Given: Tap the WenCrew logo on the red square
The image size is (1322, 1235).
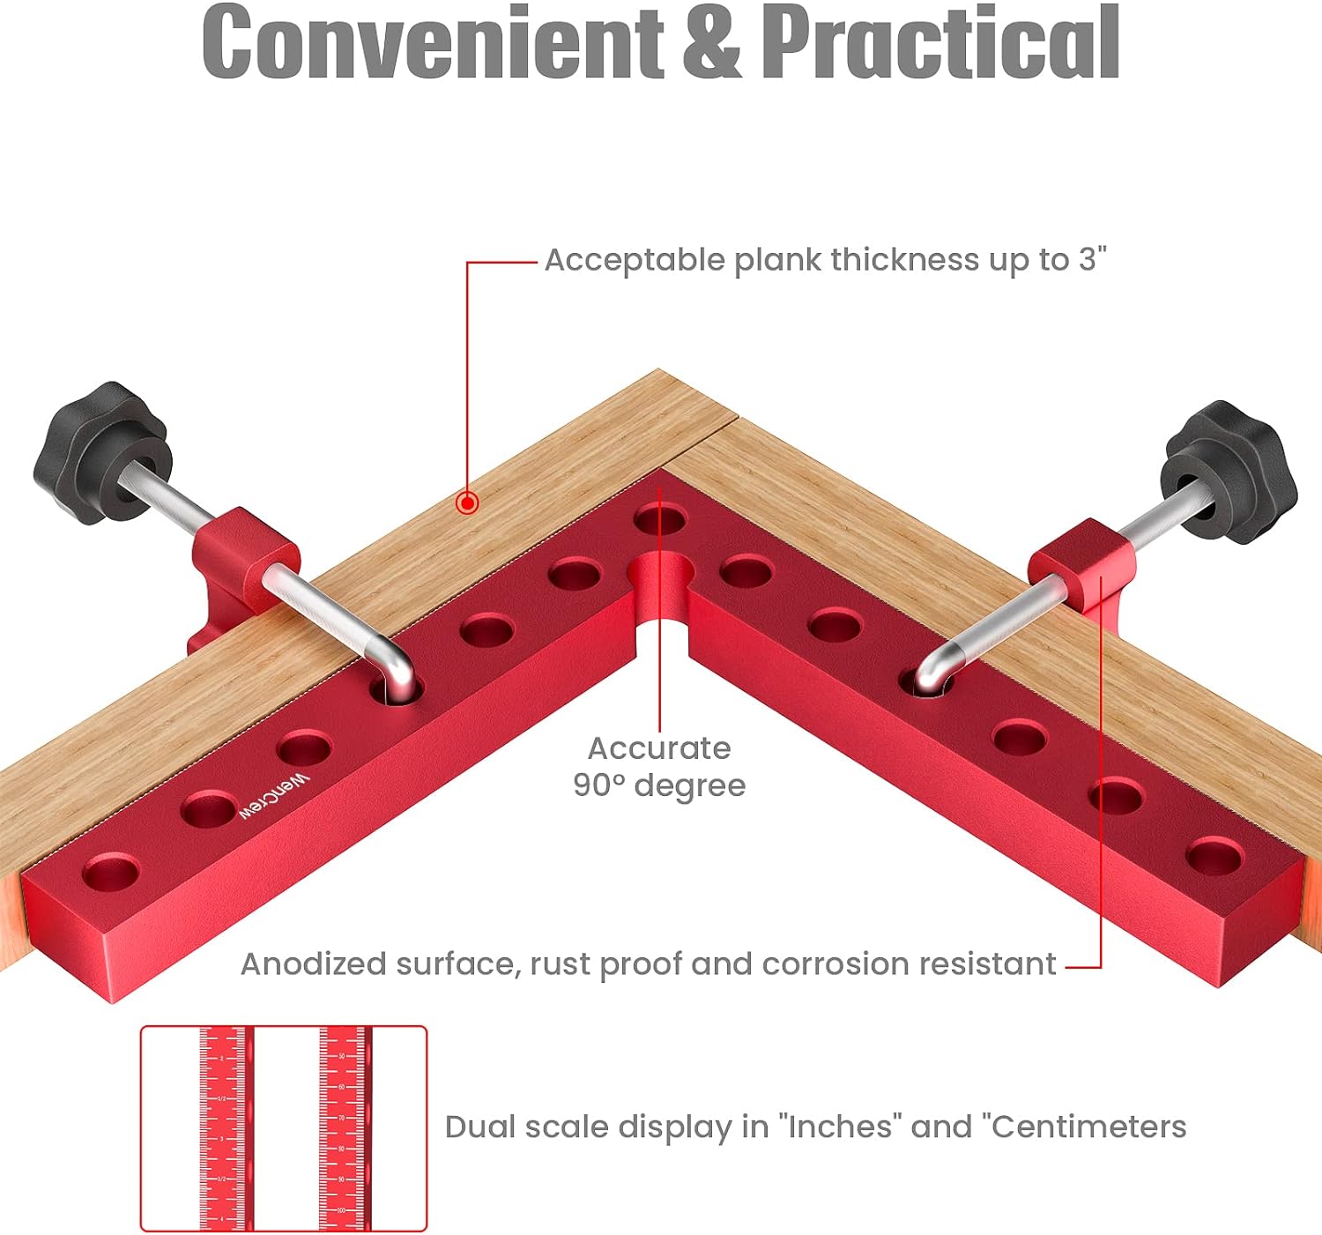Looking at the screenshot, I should [x=275, y=796].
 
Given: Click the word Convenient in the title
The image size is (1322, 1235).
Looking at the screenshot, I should [x=432, y=42].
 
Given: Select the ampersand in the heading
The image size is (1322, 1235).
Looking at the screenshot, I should [x=711, y=42].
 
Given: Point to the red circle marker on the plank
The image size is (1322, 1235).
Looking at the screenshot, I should [x=468, y=503].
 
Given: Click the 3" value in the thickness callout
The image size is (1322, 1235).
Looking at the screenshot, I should [x=1091, y=260].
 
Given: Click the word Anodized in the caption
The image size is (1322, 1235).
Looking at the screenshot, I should [x=314, y=964].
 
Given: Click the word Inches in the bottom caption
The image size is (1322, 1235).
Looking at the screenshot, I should [x=840, y=1127].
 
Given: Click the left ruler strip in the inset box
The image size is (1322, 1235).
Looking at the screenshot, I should [x=223, y=1128].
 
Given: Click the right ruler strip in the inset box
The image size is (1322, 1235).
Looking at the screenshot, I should [x=342, y=1128].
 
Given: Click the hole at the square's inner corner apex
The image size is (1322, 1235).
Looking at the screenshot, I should [x=659, y=518].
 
